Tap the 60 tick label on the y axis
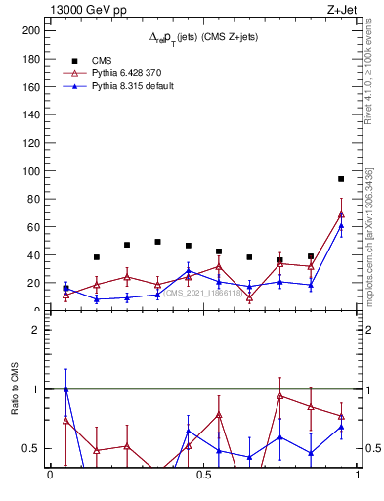coord(32,227)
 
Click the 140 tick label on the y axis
coord(29,114)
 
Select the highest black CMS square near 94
coord(341,179)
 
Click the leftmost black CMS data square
coord(65,288)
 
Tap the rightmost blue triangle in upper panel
coord(341,226)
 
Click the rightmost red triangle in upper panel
coord(341,214)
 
